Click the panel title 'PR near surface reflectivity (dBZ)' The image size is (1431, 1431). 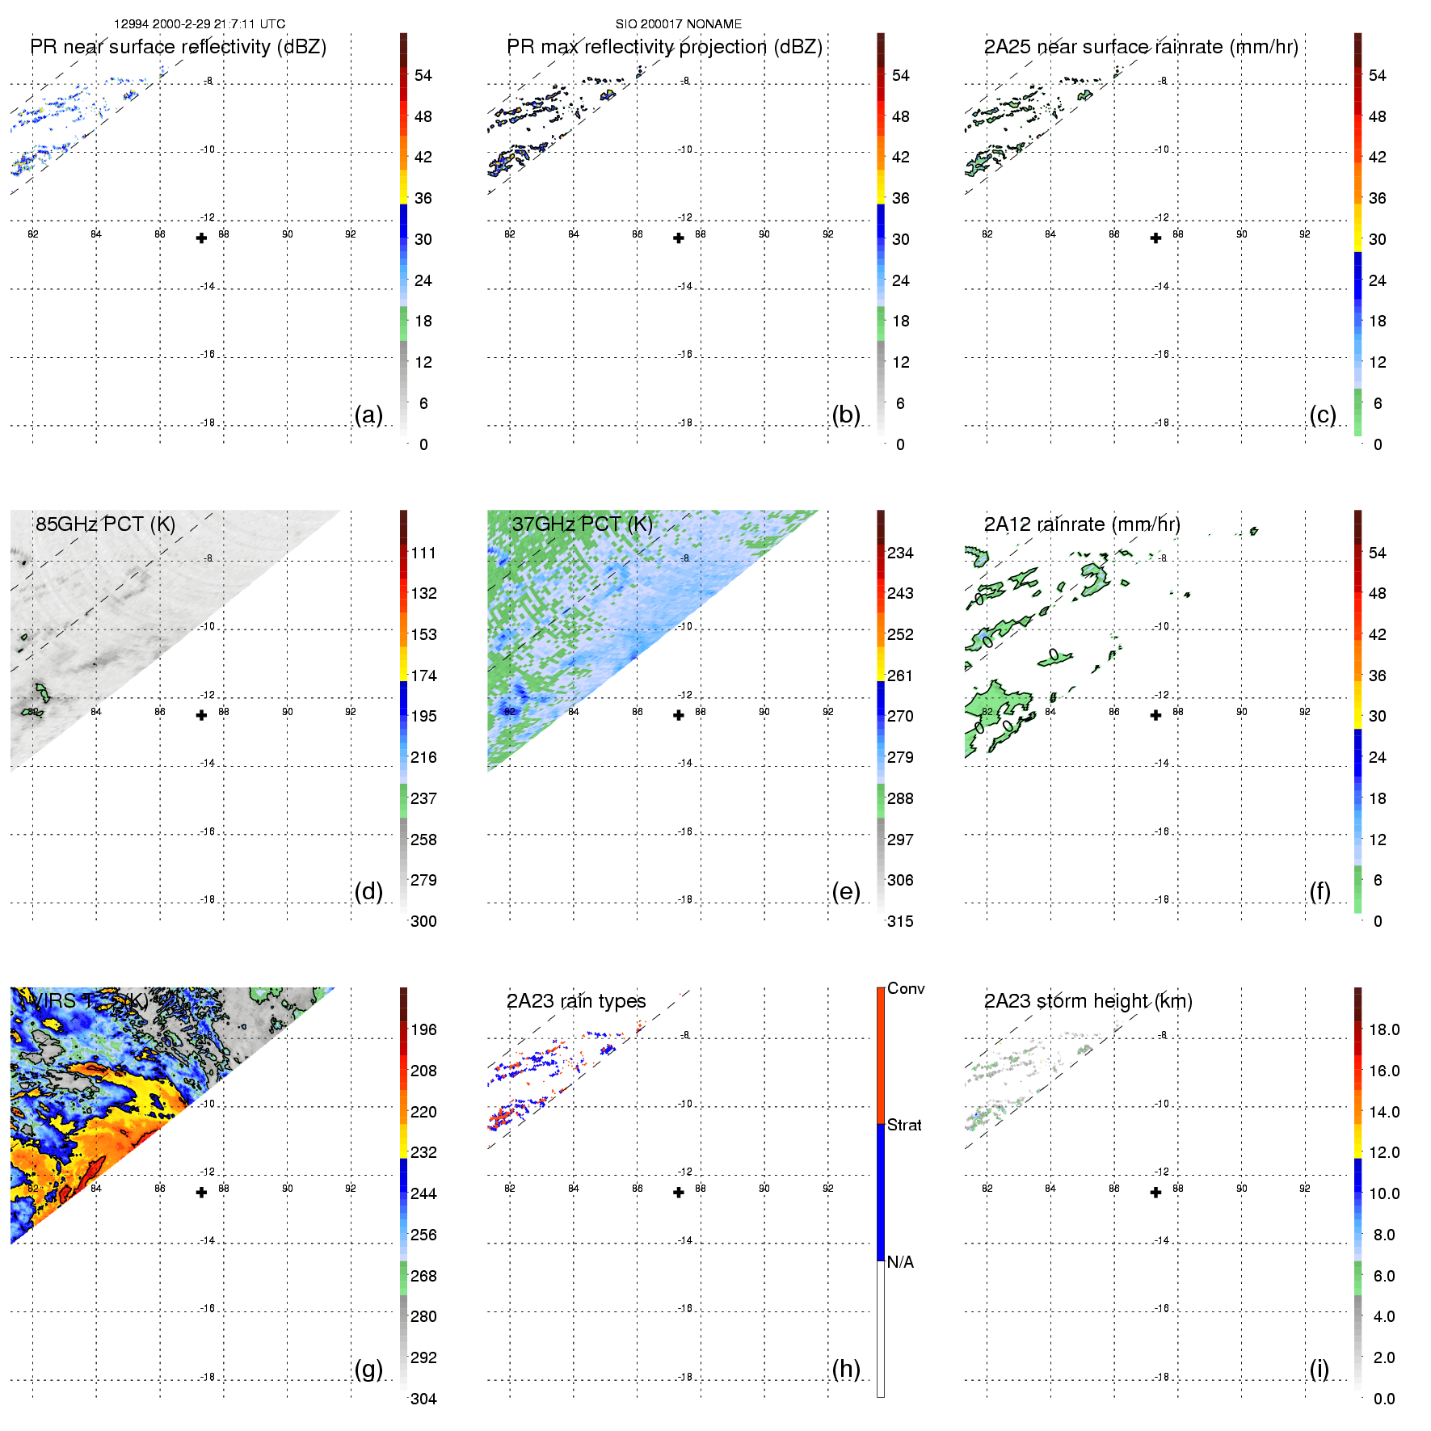click(178, 47)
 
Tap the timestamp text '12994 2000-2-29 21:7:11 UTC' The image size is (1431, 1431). click(199, 24)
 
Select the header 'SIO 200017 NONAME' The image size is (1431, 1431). click(678, 24)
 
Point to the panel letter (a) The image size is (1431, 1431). click(368, 415)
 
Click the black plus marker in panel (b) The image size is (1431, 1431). click(679, 238)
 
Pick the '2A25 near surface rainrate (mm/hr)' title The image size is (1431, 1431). click(1141, 47)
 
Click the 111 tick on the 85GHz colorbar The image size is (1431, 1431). click(423, 553)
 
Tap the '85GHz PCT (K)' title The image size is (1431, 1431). click(105, 524)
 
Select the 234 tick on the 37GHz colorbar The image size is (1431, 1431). click(900, 553)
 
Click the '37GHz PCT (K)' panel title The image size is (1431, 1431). click(582, 524)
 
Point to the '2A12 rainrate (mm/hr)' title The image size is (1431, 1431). click(1082, 524)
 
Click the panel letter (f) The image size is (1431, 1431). click(1319, 891)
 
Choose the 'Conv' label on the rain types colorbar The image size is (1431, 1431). click(906, 988)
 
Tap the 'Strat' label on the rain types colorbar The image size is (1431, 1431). click(904, 1125)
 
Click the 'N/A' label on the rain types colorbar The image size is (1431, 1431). click(900, 1262)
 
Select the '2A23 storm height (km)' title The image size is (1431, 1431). click(1088, 1001)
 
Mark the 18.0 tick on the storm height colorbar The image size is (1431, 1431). click(1384, 1029)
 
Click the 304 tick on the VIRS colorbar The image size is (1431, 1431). click(423, 1399)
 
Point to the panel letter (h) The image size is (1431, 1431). click(846, 1369)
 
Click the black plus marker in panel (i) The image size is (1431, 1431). click(1156, 1193)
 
